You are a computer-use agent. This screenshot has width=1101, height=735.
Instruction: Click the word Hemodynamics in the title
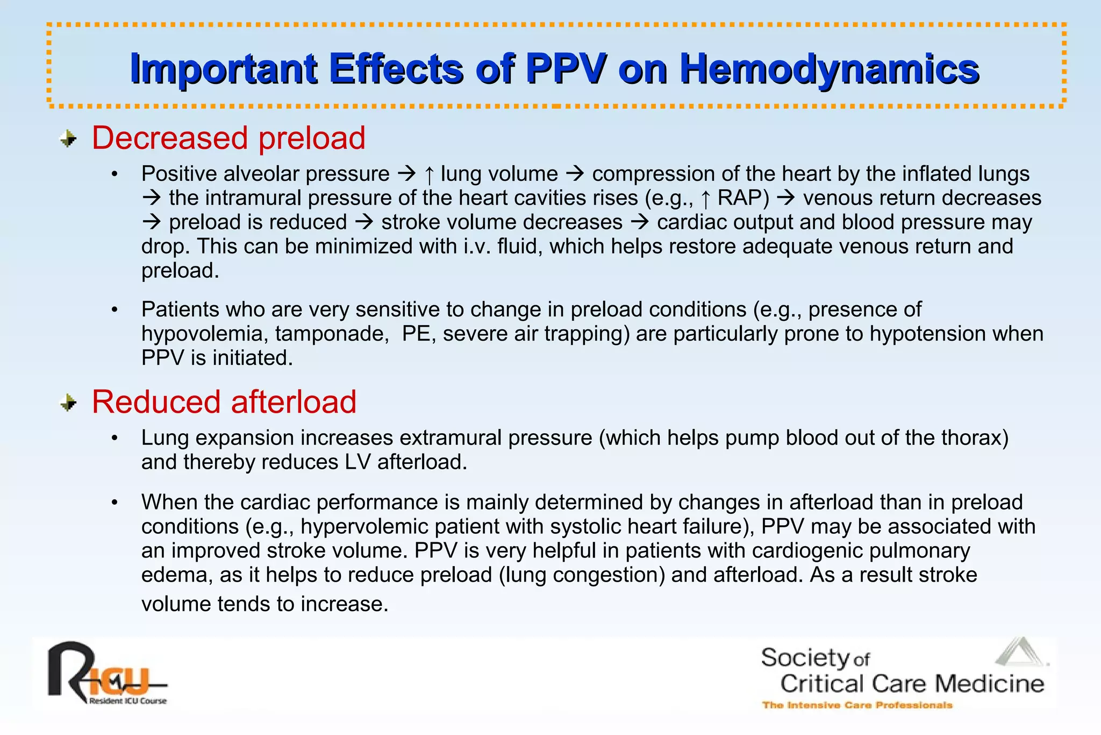tap(829, 69)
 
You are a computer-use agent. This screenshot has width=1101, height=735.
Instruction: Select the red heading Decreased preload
tap(228, 138)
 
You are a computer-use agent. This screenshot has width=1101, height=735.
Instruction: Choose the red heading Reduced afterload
tap(224, 401)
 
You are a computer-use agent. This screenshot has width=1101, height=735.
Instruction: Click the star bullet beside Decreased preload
tap(68, 139)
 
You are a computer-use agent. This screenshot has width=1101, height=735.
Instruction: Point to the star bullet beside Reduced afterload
tap(68, 402)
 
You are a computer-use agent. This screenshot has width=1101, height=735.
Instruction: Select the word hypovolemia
tap(205, 334)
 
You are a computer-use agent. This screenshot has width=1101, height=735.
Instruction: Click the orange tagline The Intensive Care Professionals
tap(857, 705)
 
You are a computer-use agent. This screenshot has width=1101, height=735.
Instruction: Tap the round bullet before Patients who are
tap(115, 310)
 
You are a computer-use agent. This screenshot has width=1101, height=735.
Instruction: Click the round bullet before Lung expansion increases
tap(115, 438)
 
